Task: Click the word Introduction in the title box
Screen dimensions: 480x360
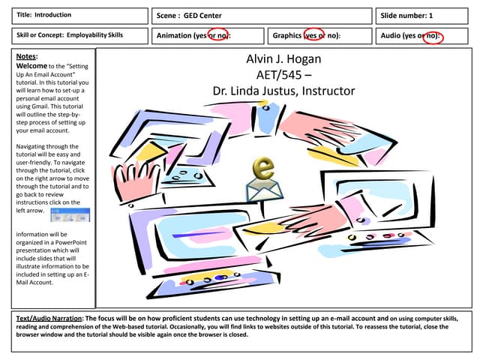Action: tap(52, 15)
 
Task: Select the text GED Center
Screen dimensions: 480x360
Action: tap(202, 16)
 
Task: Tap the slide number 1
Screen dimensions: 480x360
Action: tap(430, 16)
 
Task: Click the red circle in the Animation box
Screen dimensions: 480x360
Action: tap(218, 35)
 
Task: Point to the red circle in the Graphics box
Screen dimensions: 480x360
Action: tap(313, 35)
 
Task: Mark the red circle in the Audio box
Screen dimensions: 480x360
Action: tap(433, 37)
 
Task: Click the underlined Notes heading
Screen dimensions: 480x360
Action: tap(27, 56)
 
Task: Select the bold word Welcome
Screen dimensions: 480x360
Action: tap(31, 66)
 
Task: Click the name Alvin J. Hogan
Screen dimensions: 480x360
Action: tap(283, 58)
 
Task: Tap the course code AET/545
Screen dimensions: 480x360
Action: tap(279, 75)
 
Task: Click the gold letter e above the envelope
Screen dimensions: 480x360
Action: tap(263, 168)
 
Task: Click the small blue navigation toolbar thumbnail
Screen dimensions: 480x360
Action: tap(70, 215)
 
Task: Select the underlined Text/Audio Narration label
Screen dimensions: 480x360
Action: tap(49, 318)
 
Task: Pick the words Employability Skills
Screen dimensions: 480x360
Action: tap(94, 35)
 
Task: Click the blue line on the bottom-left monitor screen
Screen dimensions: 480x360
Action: tap(199, 234)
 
